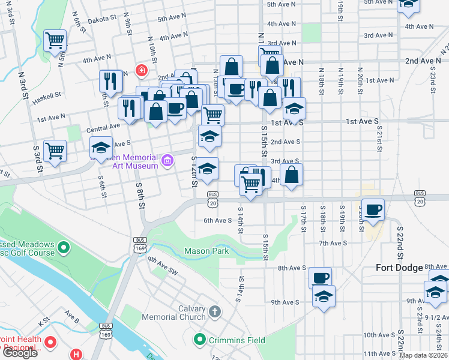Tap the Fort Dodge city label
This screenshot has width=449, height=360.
400,268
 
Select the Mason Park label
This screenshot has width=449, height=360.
206,251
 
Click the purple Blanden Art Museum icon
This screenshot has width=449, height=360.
167,161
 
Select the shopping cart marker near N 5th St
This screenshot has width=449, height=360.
55,40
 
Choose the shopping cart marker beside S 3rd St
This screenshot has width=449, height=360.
55,150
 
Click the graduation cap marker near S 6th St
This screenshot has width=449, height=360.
101,146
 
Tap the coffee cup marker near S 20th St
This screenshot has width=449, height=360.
373,209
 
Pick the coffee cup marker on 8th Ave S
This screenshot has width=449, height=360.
320,277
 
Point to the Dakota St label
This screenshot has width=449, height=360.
101,19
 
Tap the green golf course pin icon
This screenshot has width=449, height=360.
63,247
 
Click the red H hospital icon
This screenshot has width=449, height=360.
76,354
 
